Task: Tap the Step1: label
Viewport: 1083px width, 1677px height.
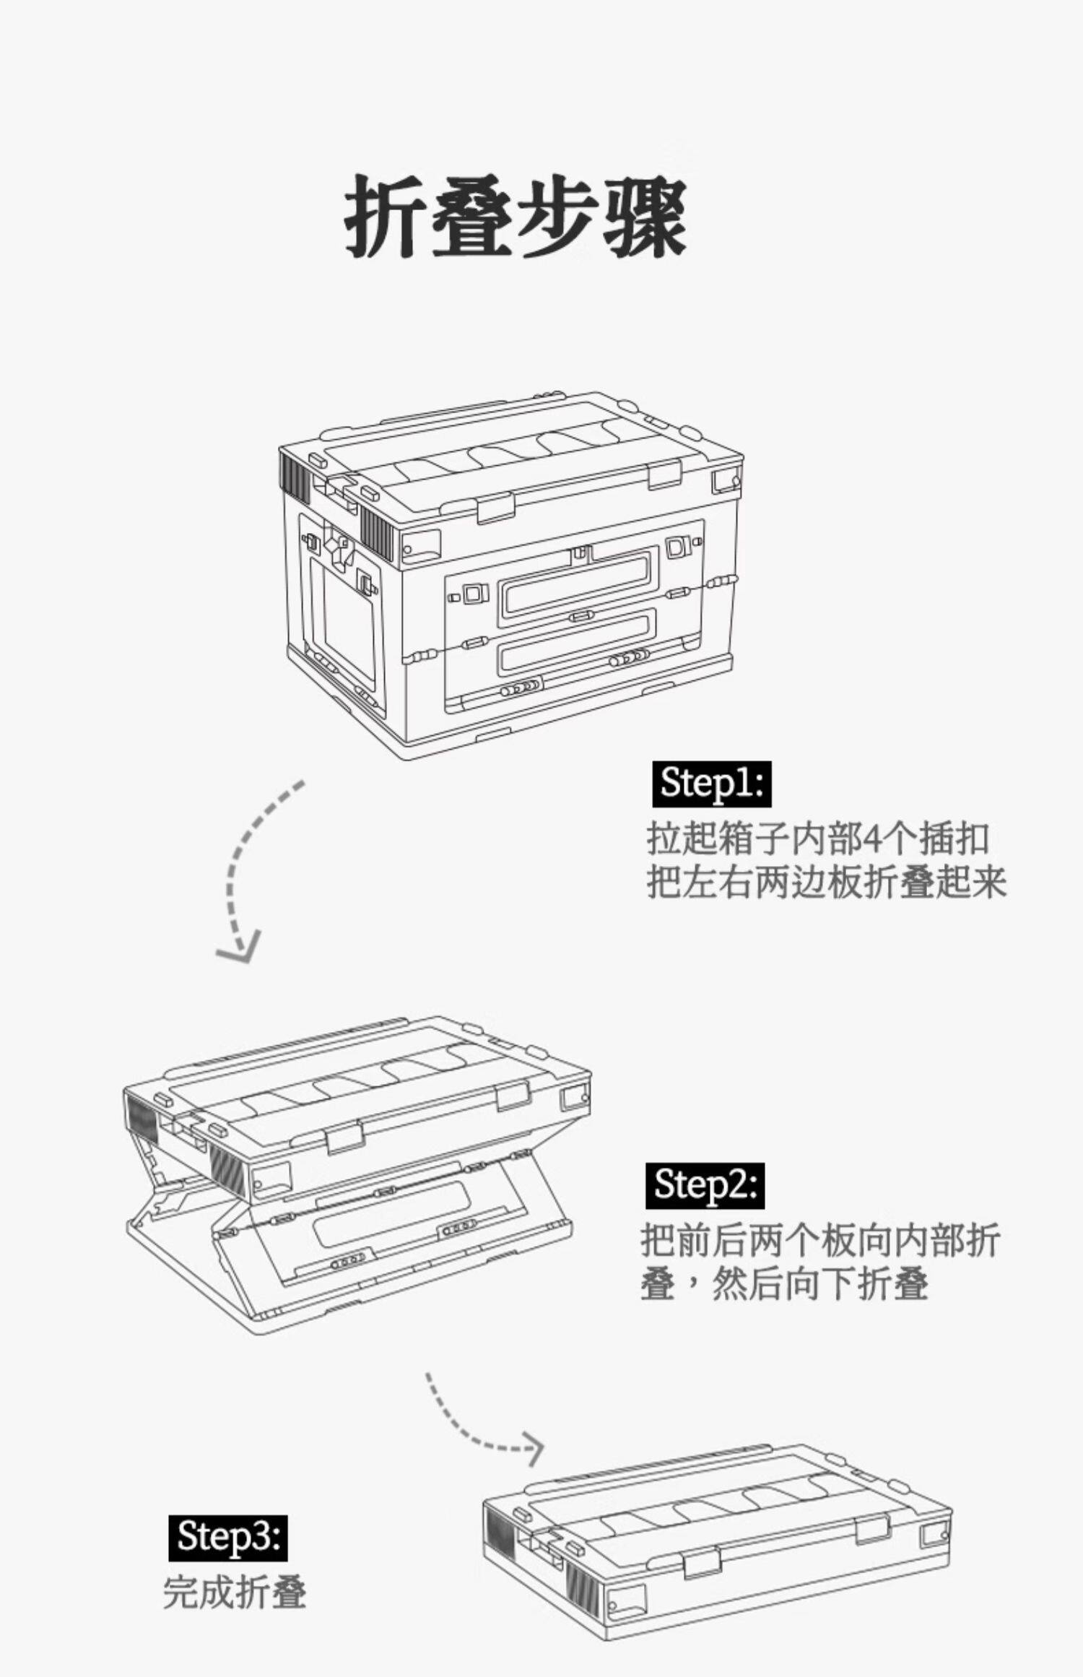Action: pos(711,783)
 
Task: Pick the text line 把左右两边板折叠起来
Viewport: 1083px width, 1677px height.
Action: pos(826,883)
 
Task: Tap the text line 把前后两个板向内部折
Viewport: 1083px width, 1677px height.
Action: pos(819,1241)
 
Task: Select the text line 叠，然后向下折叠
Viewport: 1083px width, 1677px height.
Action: pos(784,1284)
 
